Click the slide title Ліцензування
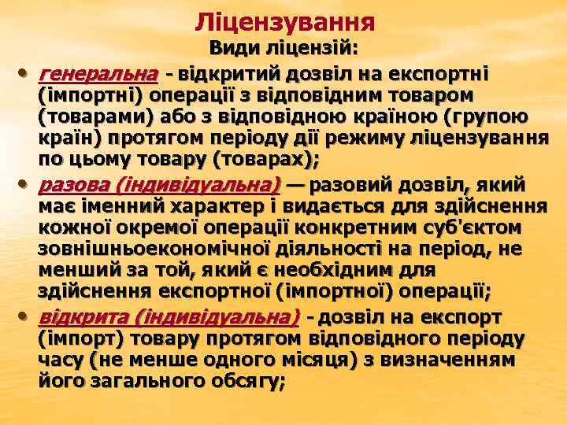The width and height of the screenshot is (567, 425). tap(284, 20)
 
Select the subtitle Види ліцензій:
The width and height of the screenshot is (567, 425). tap(283, 49)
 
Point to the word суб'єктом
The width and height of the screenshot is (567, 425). tap(472, 230)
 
